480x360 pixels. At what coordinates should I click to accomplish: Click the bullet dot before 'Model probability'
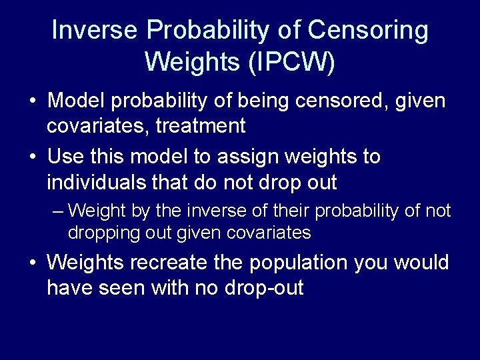33,102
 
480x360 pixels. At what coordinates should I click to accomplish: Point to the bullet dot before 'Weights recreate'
33,263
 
